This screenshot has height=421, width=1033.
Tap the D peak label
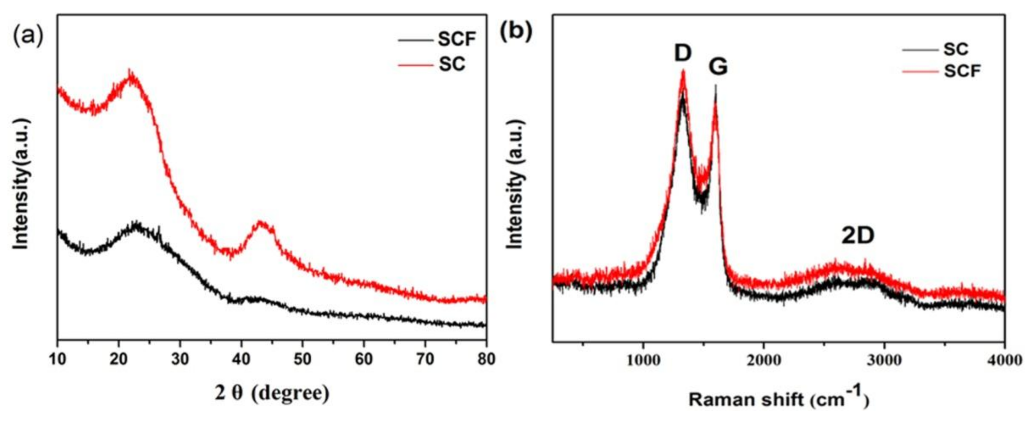(682, 53)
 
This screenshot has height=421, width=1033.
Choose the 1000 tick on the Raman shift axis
(643, 360)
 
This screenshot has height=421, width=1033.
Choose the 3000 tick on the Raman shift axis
(884, 360)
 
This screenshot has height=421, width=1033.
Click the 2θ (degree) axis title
(271, 393)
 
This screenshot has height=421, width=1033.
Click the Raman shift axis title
(778, 400)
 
